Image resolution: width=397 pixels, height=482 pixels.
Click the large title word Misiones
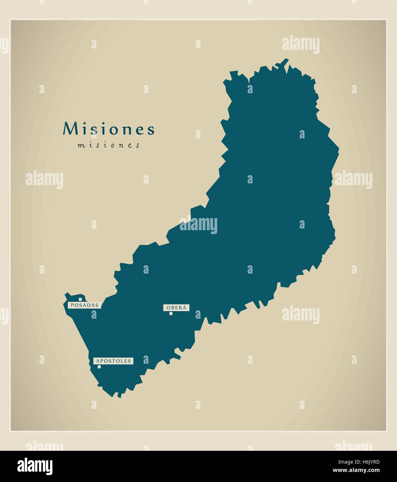[x=108, y=129]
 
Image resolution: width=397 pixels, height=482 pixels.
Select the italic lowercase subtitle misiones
[x=108, y=145]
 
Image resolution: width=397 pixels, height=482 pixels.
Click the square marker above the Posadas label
[x=80, y=299]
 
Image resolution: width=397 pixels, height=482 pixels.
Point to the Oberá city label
[x=176, y=307]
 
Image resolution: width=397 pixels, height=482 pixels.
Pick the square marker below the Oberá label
[x=171, y=313]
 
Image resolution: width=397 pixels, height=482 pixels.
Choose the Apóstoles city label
[x=113, y=361]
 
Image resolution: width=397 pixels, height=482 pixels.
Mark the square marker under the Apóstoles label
[x=99, y=367]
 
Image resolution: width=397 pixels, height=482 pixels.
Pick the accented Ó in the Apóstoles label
[x=103, y=361]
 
